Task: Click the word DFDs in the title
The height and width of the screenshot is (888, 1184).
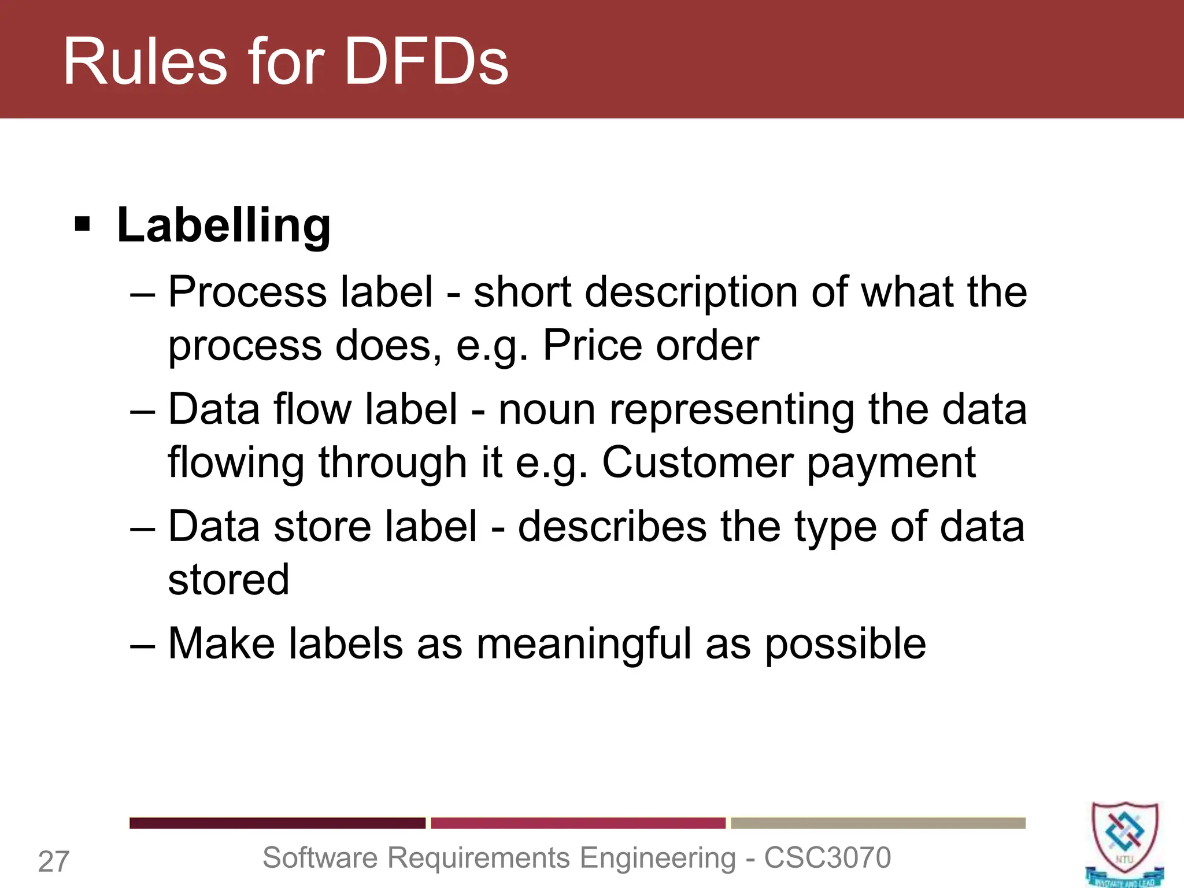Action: [x=426, y=61]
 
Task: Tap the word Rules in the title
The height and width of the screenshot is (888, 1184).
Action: [x=145, y=61]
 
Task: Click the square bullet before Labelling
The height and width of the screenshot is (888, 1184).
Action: [x=83, y=224]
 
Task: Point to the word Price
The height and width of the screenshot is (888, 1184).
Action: [x=592, y=346]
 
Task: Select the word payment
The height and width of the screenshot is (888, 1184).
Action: [x=891, y=464]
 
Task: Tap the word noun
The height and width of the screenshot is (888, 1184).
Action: [x=547, y=409]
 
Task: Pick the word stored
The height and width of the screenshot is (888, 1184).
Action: [x=228, y=579]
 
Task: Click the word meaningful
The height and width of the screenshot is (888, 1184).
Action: [x=584, y=644]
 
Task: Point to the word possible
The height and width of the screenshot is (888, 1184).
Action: [x=845, y=644]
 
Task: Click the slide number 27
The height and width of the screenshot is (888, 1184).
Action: [x=54, y=861]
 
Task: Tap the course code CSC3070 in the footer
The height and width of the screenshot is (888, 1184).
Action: [x=827, y=857]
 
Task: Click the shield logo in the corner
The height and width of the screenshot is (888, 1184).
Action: [x=1124, y=843]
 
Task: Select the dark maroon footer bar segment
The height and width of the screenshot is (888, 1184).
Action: [x=277, y=823]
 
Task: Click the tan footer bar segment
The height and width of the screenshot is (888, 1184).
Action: [x=878, y=823]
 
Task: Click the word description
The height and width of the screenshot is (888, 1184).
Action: [x=691, y=293]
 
